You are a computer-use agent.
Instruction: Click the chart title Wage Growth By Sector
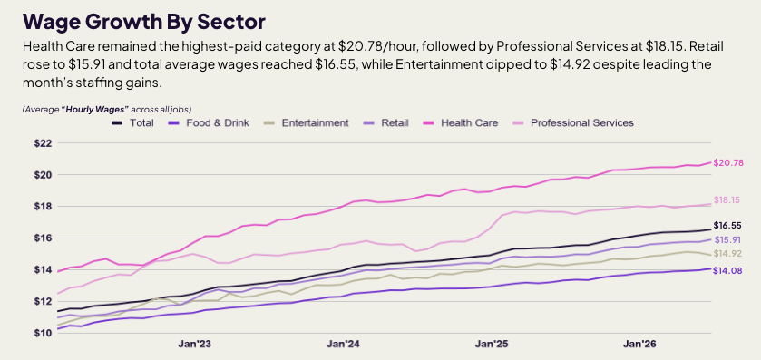(x=143, y=23)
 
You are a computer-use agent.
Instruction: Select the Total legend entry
(x=133, y=122)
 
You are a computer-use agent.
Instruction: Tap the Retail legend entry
(x=385, y=122)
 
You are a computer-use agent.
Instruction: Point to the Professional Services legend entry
(x=572, y=122)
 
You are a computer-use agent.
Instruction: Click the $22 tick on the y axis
(x=43, y=143)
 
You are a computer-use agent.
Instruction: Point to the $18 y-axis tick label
(x=43, y=206)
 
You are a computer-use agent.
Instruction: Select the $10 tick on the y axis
(x=43, y=333)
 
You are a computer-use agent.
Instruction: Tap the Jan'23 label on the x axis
(x=194, y=344)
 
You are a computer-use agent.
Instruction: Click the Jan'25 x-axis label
(x=491, y=344)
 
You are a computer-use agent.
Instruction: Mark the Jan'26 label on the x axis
(x=639, y=344)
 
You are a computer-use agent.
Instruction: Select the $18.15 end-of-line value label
(x=727, y=199)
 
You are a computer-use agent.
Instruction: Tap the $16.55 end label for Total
(x=727, y=226)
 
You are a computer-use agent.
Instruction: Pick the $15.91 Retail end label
(x=727, y=239)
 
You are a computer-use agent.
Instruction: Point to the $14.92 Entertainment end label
(x=727, y=254)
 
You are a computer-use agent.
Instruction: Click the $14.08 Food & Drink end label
(x=728, y=271)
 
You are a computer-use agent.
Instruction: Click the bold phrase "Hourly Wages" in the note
(x=94, y=110)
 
